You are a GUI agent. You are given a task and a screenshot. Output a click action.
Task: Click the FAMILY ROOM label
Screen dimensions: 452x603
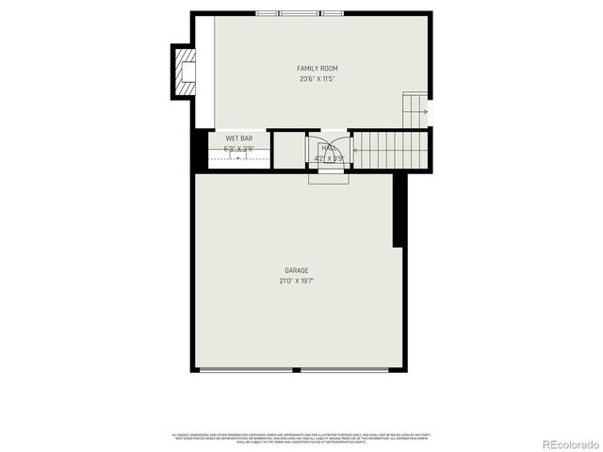(317, 69)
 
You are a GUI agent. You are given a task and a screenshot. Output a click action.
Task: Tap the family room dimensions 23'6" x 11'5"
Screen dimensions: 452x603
(317, 79)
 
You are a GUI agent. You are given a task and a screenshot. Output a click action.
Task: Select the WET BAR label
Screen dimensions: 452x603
(238, 138)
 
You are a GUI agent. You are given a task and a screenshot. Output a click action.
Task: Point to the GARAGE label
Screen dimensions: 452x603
(297, 270)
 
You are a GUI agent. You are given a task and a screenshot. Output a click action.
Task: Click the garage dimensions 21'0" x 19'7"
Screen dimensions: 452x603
(297, 281)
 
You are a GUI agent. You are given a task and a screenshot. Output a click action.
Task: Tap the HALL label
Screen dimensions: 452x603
(329, 148)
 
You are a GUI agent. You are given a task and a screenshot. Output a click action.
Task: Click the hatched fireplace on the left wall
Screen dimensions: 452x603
(183, 72)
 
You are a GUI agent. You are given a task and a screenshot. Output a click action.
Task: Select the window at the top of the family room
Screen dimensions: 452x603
(299, 13)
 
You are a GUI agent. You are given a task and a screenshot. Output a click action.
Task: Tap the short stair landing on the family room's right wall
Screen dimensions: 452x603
(416, 110)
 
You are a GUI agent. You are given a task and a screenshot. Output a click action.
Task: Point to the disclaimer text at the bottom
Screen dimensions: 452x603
(301, 437)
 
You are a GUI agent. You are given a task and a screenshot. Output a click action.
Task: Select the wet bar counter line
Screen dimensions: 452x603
(237, 158)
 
